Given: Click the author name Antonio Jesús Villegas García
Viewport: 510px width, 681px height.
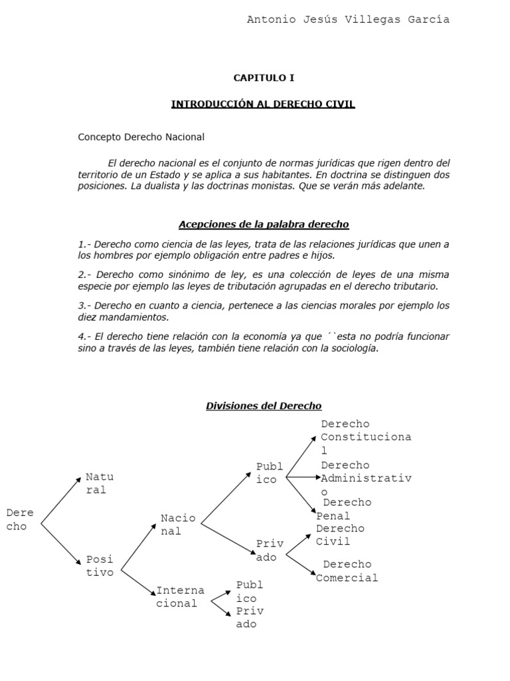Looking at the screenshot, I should (x=348, y=20).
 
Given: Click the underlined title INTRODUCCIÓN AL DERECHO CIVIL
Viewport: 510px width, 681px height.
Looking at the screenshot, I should (x=263, y=104).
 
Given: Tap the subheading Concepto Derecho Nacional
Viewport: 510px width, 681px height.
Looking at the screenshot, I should (x=141, y=137).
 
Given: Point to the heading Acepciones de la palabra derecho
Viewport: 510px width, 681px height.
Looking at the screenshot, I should (x=264, y=224).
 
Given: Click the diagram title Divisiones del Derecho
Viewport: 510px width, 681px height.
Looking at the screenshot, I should (x=264, y=406).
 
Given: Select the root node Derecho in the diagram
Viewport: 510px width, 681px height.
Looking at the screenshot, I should (x=20, y=519).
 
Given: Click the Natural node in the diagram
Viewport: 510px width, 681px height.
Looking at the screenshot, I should (x=99, y=483).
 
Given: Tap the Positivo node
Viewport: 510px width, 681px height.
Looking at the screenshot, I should (x=99, y=565).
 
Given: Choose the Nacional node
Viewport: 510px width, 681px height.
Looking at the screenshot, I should (x=178, y=524).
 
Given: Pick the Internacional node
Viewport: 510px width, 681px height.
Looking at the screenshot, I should (x=180, y=597).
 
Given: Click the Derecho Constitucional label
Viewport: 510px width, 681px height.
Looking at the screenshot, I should (x=365, y=437).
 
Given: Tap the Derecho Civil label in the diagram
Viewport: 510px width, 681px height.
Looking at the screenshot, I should (x=339, y=535).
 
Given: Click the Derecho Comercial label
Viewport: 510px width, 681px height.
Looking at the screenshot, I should (x=347, y=571).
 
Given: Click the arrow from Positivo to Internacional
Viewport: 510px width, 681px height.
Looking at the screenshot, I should (x=137, y=581).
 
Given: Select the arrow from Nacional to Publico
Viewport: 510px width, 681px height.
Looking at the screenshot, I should (x=226, y=495).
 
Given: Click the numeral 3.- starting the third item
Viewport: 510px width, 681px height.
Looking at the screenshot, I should (x=85, y=306).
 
